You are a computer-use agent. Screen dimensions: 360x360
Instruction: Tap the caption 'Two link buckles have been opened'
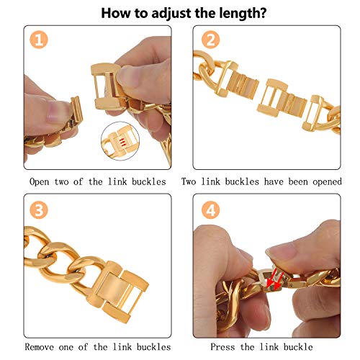coord(261,182)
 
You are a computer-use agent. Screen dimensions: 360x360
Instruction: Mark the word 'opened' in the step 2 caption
coord(325,182)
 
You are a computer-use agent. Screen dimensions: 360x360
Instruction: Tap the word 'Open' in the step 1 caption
coord(40,182)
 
